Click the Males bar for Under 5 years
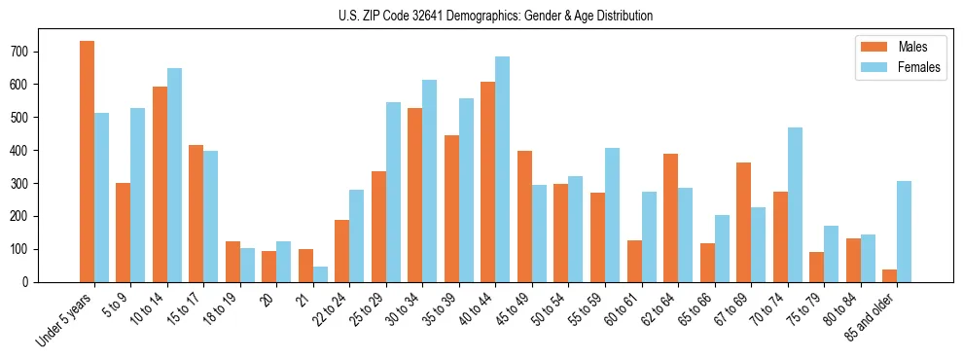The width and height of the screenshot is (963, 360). point(87,162)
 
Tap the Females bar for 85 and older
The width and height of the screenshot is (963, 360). point(905,232)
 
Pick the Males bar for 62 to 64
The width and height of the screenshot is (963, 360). point(670,218)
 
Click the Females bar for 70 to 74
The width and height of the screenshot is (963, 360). point(795,204)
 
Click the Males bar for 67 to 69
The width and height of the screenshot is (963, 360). point(743,222)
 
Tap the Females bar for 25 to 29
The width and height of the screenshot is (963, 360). point(394,192)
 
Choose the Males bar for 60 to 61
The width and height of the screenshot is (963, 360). point(634,261)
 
